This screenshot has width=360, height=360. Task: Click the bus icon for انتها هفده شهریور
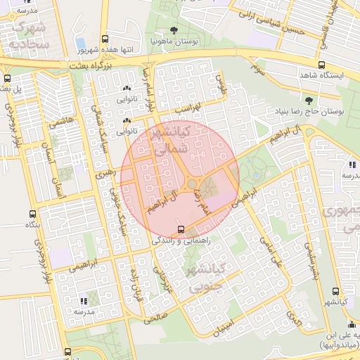(x=105, y=40)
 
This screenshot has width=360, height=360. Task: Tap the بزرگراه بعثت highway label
(x=91, y=65)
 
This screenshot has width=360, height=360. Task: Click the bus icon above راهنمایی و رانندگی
(x=181, y=229)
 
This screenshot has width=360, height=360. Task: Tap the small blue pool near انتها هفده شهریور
(x=81, y=44)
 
